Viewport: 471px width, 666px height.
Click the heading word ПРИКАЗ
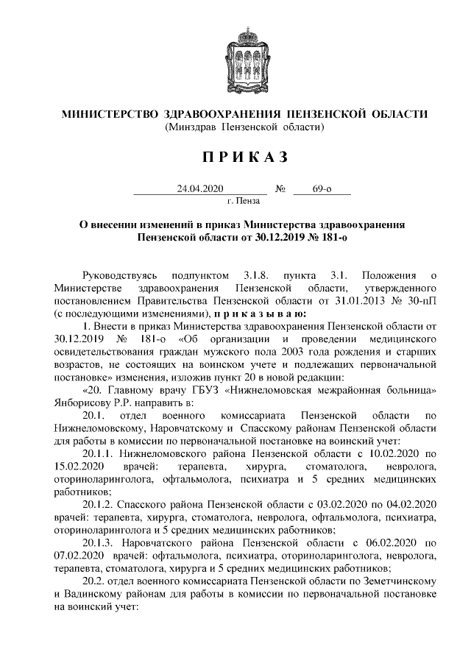coord(235,157)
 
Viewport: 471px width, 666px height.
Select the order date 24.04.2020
coord(199,189)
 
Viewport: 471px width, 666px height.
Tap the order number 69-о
coord(322,189)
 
